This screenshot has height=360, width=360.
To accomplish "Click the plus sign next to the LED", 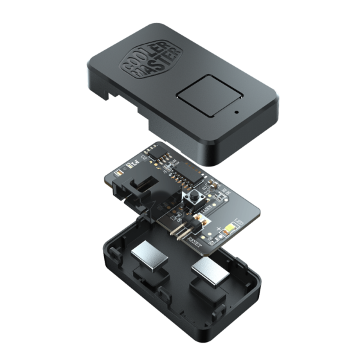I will tap(219, 228).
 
